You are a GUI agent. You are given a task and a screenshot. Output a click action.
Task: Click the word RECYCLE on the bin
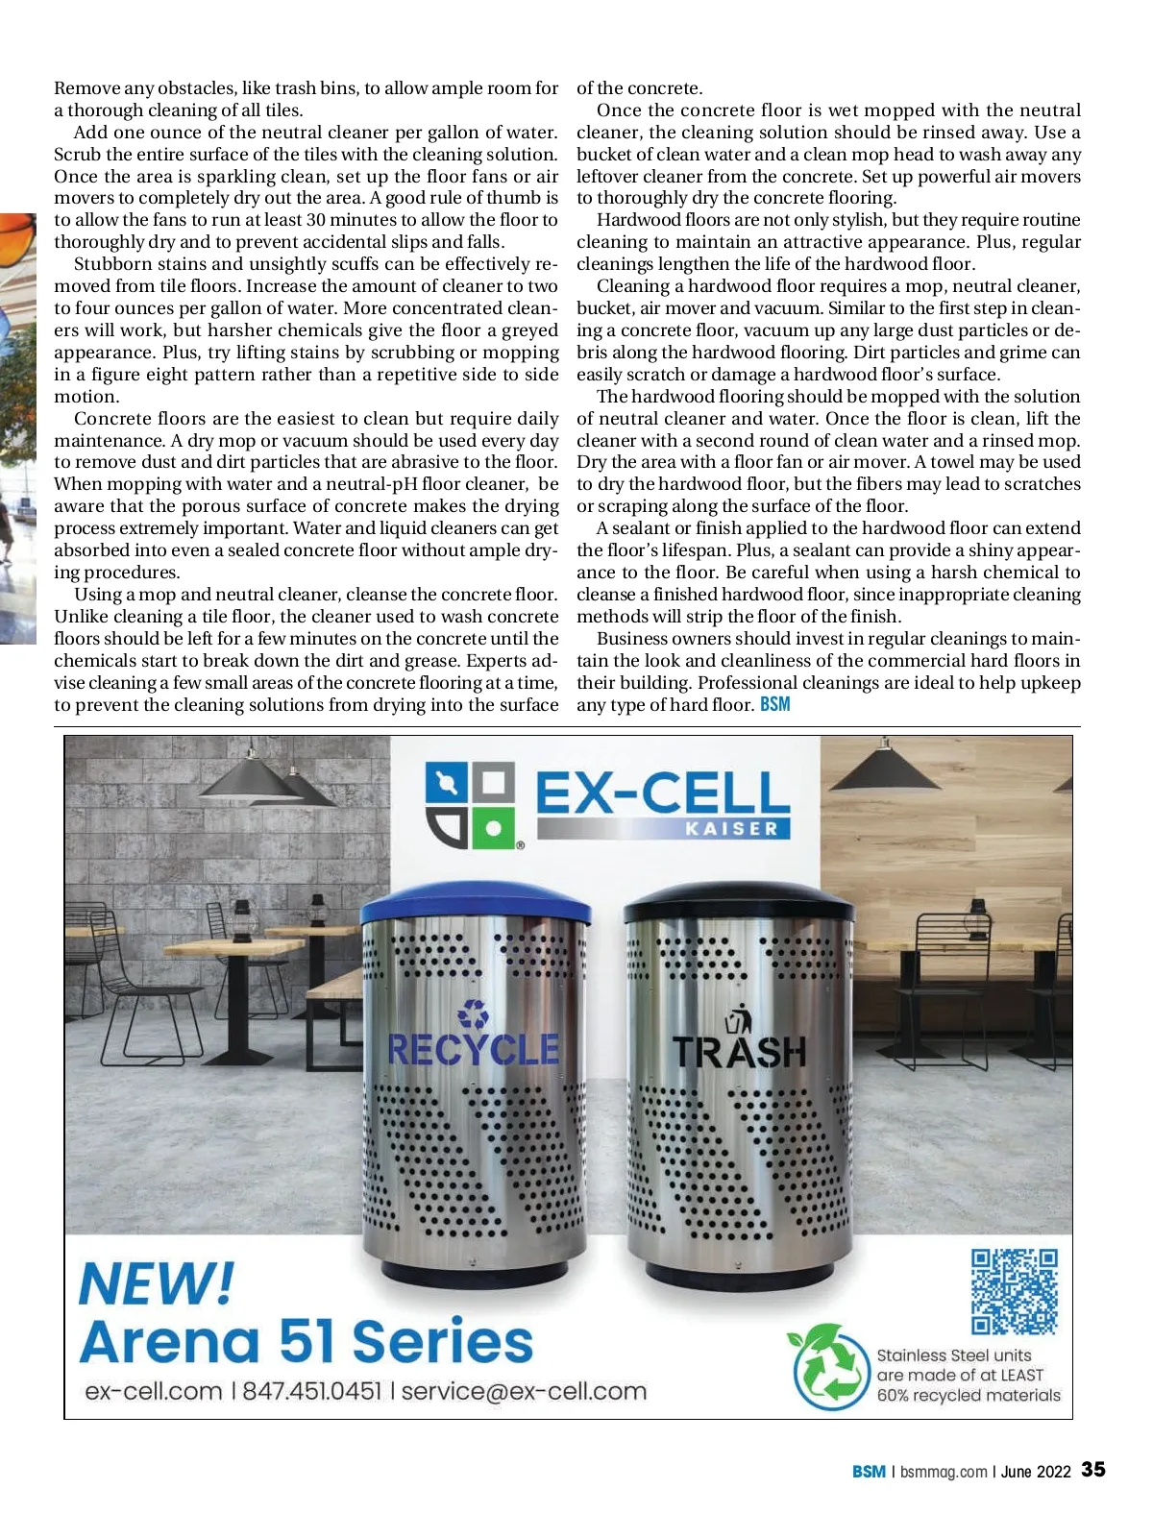click(x=473, y=1048)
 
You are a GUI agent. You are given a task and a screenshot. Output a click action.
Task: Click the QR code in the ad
click(x=1015, y=1291)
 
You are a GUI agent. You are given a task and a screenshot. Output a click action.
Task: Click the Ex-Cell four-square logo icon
click(x=470, y=806)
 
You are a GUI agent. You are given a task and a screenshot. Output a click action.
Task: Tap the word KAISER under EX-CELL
click(x=731, y=828)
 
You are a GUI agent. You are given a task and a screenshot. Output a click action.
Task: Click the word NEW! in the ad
click(x=156, y=1282)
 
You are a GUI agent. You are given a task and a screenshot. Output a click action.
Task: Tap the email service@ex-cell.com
click(x=524, y=1391)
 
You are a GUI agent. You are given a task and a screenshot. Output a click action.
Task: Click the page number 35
click(x=1093, y=1470)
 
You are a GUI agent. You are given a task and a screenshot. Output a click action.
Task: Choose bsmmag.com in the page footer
click(x=943, y=1472)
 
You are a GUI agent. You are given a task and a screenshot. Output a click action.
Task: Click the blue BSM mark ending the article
click(x=774, y=704)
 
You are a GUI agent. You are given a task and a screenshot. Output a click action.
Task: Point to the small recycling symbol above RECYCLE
click(x=473, y=1013)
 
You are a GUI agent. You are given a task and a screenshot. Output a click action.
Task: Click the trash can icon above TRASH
click(x=739, y=1017)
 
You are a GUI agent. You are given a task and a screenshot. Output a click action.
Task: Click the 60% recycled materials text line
click(x=968, y=1396)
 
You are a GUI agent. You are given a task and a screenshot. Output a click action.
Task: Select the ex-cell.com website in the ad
click(x=153, y=1391)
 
